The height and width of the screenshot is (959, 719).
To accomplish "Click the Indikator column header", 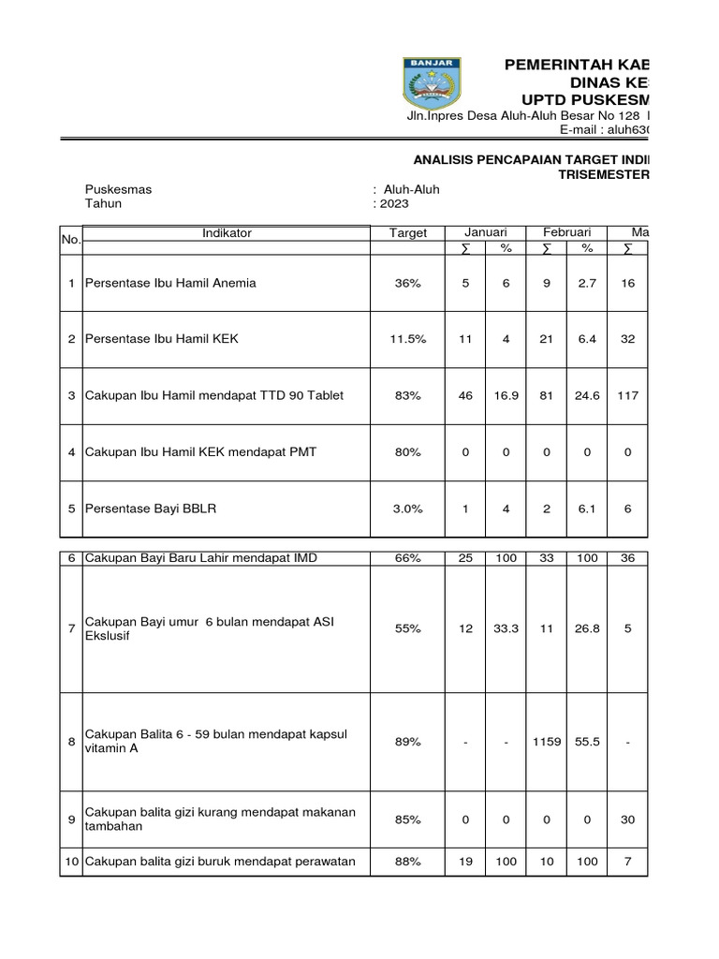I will click(x=227, y=233).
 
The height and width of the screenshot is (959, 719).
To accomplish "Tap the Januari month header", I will click(x=485, y=232).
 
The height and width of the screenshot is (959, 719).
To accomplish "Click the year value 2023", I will click(x=394, y=203).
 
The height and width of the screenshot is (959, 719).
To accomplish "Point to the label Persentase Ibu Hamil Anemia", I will click(x=170, y=282).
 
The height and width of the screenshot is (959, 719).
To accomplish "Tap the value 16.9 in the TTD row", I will click(x=506, y=395).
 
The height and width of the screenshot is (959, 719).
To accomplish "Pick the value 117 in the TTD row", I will click(x=627, y=395).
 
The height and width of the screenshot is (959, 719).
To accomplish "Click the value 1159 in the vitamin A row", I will click(x=547, y=742).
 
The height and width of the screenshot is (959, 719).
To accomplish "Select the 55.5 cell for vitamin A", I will click(x=587, y=742).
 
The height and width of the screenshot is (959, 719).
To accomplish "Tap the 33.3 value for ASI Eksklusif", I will click(x=506, y=629).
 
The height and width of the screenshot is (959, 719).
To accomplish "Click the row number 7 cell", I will click(x=72, y=628).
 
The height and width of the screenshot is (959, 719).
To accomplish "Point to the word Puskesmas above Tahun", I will click(x=118, y=189).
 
